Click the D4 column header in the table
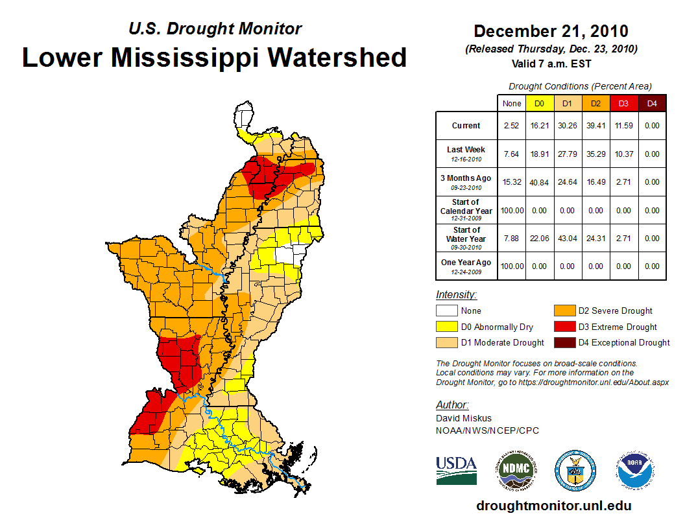click(x=652, y=103)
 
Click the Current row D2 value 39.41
click(x=596, y=126)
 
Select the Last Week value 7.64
click(x=512, y=154)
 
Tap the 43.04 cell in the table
click(x=568, y=239)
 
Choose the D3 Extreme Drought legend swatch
click(x=563, y=327)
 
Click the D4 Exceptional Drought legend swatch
click(x=563, y=342)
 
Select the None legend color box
click(x=446, y=311)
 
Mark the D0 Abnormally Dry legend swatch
click(x=446, y=327)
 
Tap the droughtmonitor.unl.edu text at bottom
click(x=553, y=506)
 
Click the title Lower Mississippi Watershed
click(x=214, y=57)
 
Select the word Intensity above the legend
click(x=456, y=294)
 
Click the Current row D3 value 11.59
click(x=624, y=126)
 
